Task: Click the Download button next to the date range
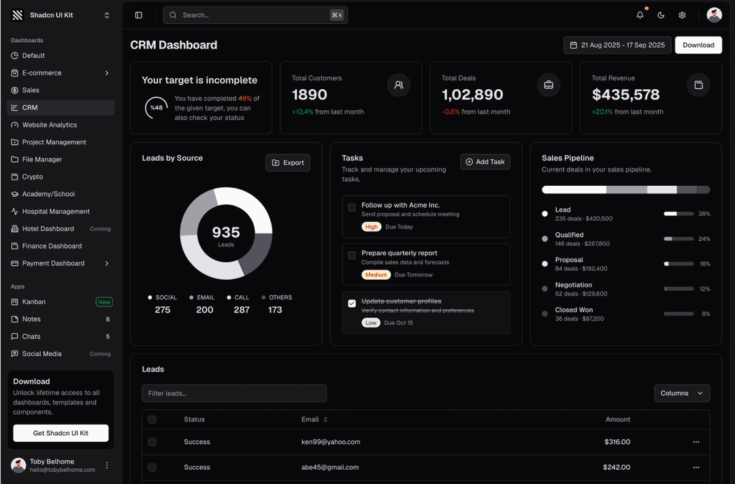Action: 698,45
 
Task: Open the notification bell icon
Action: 640,15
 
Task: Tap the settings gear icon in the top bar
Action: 682,15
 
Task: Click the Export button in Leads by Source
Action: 288,163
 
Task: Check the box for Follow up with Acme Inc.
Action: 352,208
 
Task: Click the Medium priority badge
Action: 376,275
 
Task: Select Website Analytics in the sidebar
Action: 50,125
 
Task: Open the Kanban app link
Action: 34,302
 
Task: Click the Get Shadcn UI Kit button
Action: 61,433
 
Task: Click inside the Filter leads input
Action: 234,393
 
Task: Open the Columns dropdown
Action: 682,393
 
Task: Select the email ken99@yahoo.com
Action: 331,442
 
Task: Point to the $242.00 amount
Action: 617,468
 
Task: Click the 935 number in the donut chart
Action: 226,233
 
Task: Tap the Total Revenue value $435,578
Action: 625,95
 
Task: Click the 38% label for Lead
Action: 704,214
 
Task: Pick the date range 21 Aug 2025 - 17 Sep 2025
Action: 617,45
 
